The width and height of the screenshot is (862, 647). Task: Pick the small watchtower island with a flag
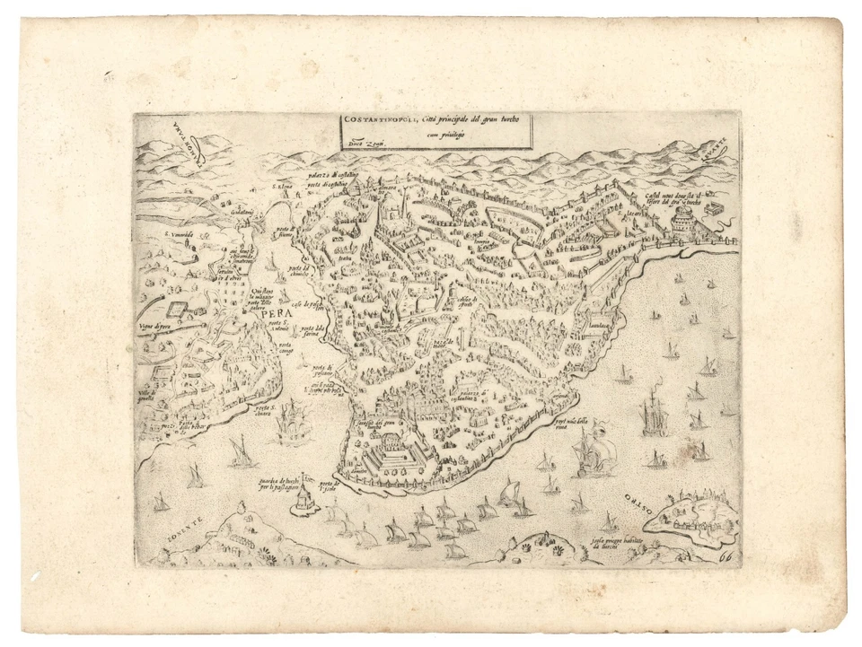click(x=305, y=493)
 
